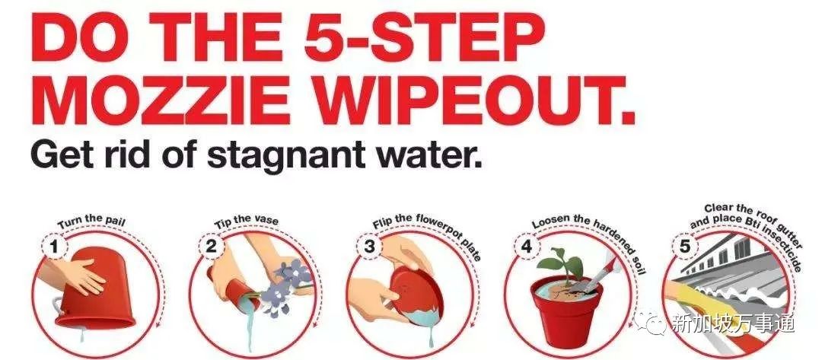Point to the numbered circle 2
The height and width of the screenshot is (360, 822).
click(211, 247)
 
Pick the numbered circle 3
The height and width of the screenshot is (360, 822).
click(369, 247)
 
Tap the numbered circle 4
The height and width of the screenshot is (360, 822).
click(527, 247)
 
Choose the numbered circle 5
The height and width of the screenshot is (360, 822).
click(685, 247)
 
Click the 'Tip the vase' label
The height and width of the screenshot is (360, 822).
click(247, 221)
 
